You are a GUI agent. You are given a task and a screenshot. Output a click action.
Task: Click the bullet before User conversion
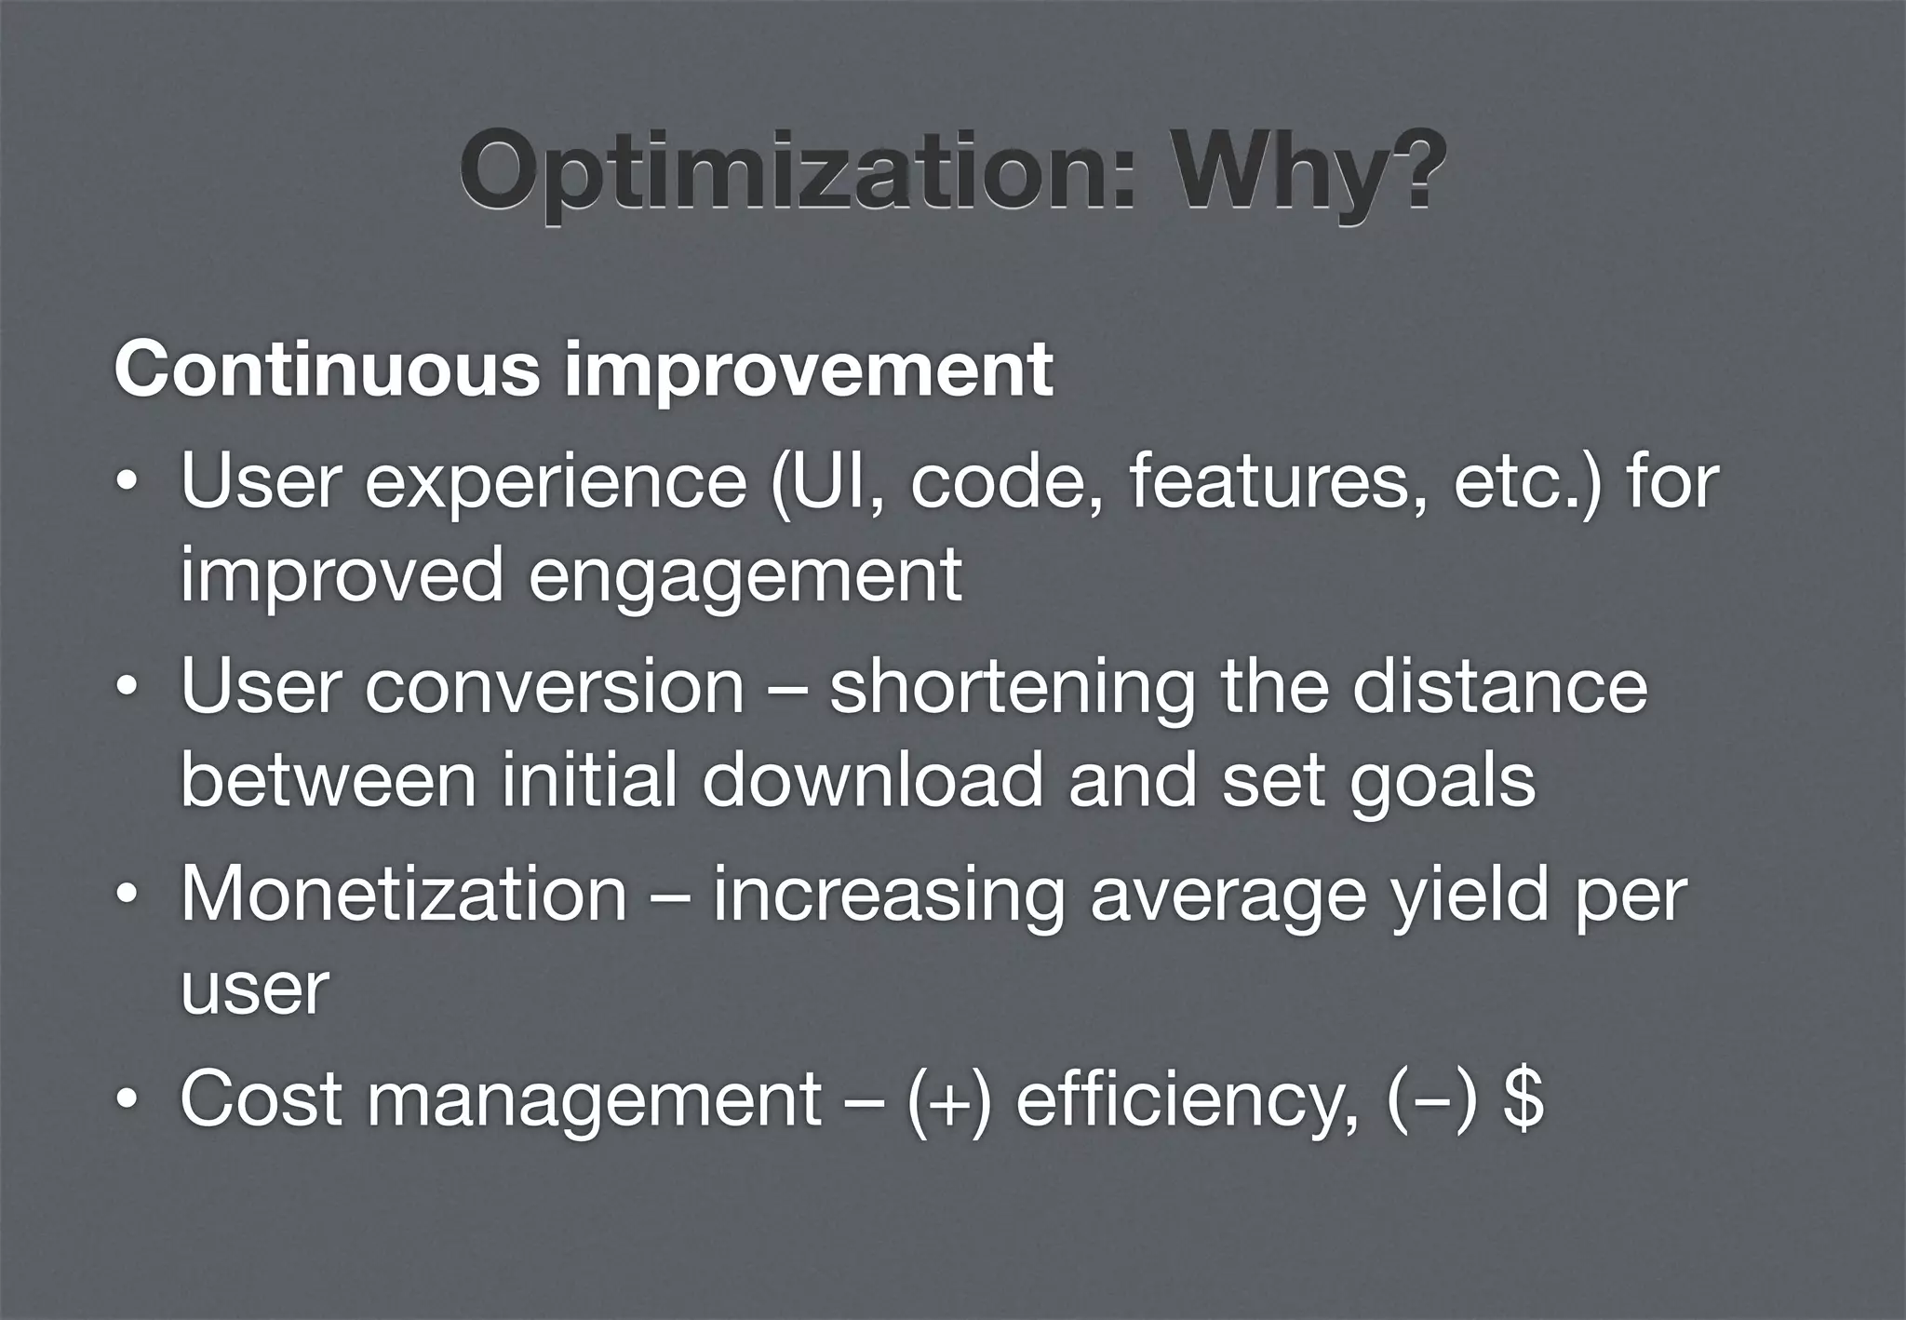coord(128,690)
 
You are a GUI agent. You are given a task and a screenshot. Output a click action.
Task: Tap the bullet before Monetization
coord(128,896)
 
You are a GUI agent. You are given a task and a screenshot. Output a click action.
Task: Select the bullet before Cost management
coord(128,1101)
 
